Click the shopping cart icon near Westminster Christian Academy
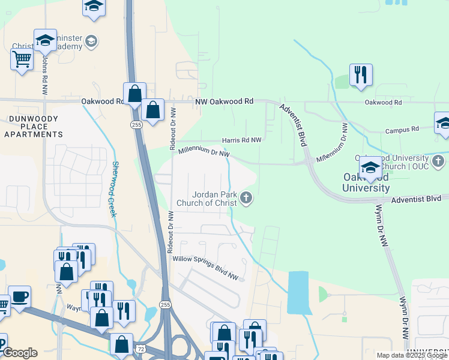coord(22,59)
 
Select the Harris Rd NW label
coord(242,140)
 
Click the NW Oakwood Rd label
coord(224,102)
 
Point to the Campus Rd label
coord(402,130)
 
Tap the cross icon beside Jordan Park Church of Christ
coord(246,198)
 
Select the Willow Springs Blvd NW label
coord(205,268)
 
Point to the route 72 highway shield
coord(139,349)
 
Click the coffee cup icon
coord(20,296)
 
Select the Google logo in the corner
coord(20,353)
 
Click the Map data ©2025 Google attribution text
coord(411,355)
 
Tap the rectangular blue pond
coord(298,292)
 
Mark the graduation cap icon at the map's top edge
coord(94,7)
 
